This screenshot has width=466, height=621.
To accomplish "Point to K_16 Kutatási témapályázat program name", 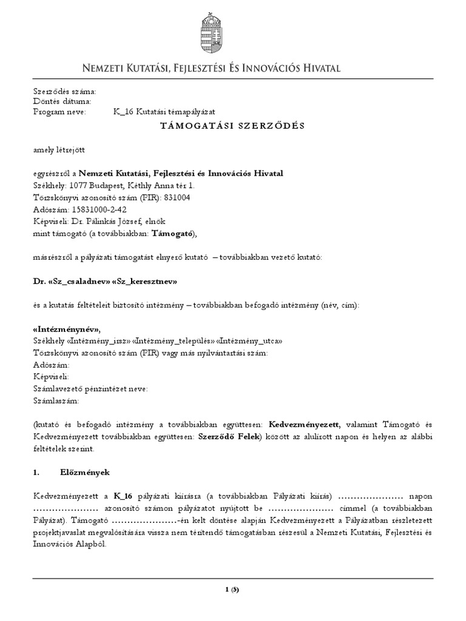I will (164, 112).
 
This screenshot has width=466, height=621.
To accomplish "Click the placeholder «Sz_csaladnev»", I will (78, 282).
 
